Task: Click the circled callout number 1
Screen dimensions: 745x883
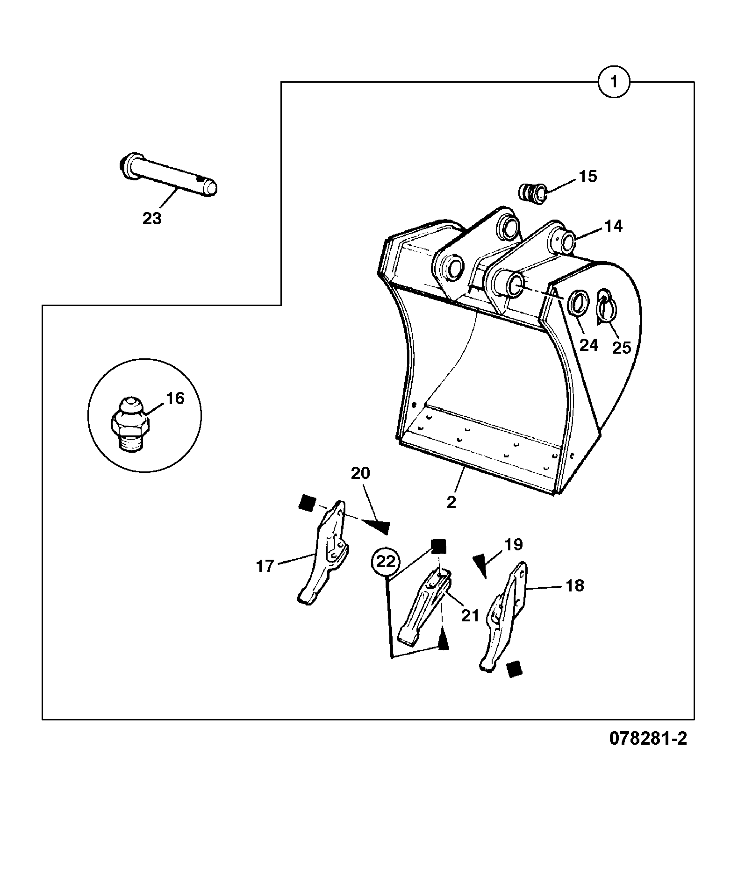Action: [x=614, y=82]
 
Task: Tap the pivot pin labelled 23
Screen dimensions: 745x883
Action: [x=167, y=175]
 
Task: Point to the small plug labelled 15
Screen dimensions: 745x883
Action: [x=534, y=192]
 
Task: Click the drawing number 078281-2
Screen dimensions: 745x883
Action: [x=648, y=752]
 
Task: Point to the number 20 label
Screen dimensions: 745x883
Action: [x=360, y=473]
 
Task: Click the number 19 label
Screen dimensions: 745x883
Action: [x=514, y=545]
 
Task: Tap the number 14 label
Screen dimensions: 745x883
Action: [x=614, y=226]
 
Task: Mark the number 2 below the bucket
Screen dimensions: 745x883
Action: [x=451, y=503]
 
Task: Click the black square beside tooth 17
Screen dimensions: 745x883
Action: [x=307, y=503]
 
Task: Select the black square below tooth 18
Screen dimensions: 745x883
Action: [x=515, y=669]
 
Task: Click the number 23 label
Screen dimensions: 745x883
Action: [x=152, y=218]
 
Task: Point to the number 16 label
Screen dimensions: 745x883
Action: [x=175, y=399]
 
